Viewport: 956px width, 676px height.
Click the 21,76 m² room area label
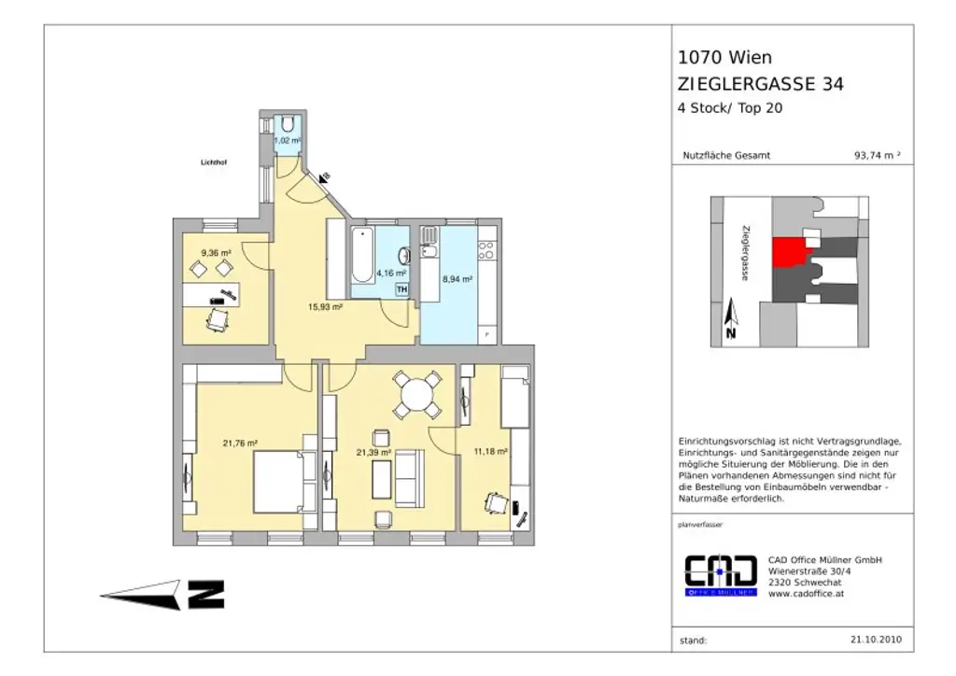240,444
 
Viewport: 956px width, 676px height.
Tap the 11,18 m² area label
490,451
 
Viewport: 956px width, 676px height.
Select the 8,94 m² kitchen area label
457,278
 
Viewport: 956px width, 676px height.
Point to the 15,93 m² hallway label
327,305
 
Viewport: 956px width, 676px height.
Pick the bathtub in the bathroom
361,256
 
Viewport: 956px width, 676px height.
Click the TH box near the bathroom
402,290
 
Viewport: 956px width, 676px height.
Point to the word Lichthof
214,162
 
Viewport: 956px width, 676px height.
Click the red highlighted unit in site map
790,251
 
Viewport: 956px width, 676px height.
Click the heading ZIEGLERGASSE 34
760,84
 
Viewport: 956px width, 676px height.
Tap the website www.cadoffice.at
806,593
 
